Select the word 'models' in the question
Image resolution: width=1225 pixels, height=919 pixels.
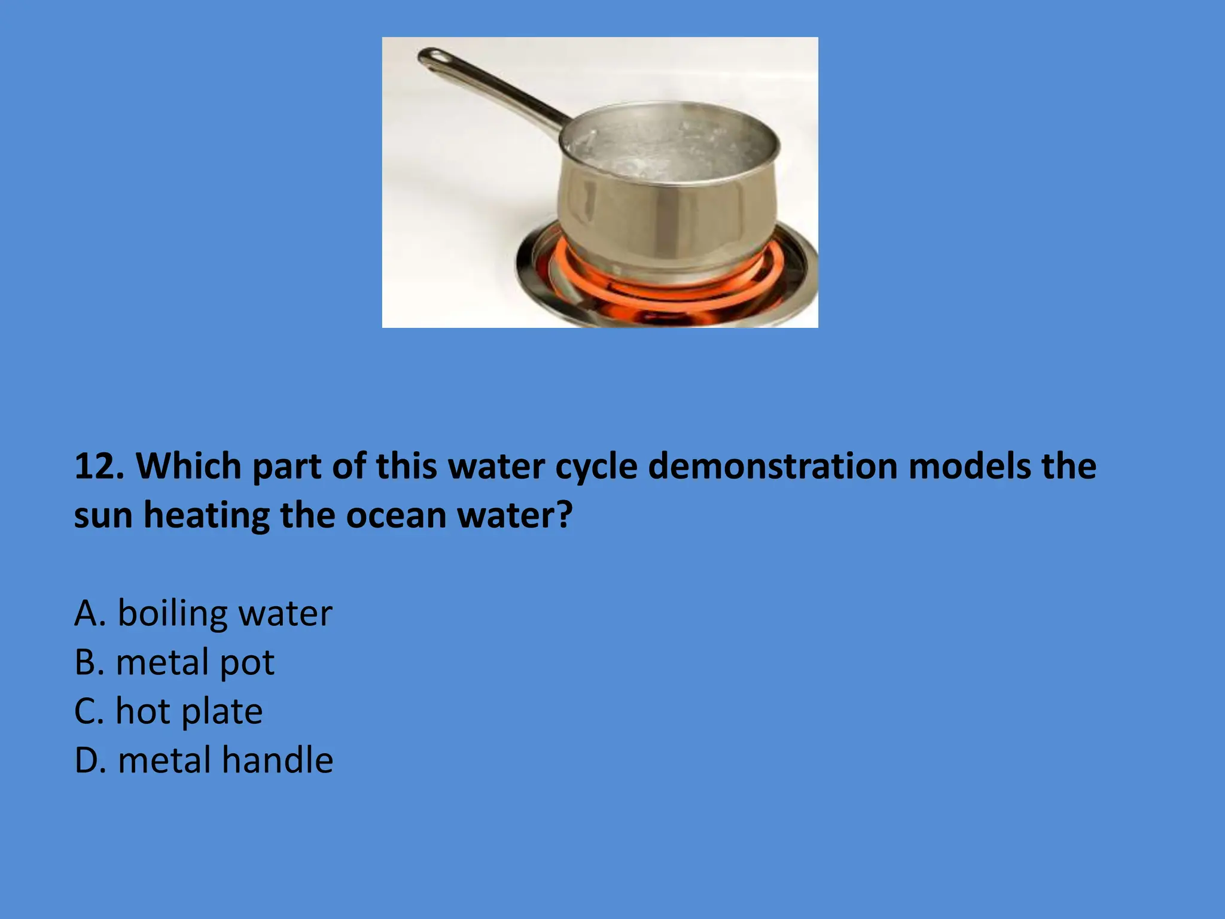tap(970, 466)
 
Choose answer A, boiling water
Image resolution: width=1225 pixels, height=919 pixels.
tap(203, 613)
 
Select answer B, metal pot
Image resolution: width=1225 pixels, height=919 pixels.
tap(174, 662)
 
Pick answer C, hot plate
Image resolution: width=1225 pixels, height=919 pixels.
tap(168, 711)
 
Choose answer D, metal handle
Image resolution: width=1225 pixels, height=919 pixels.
tap(203, 760)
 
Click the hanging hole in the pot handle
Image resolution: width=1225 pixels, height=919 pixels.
tap(432, 57)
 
